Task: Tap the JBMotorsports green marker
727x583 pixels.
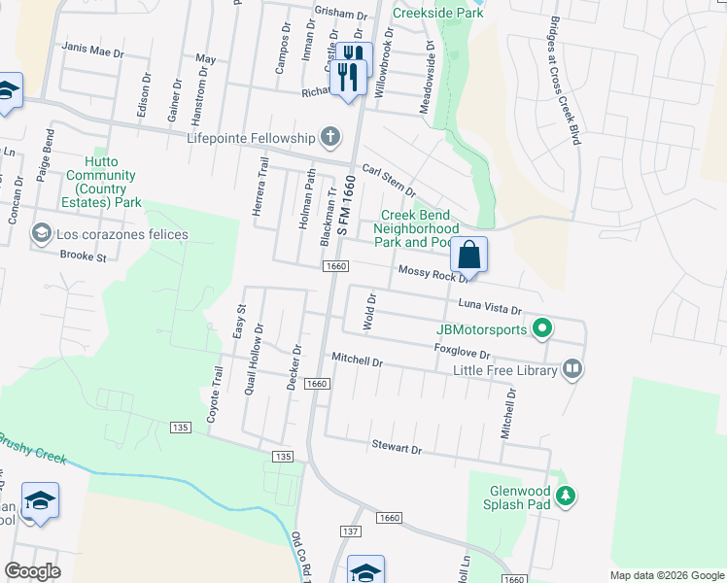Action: point(542,329)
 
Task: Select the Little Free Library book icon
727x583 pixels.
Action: point(572,368)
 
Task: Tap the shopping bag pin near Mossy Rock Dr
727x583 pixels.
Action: point(468,256)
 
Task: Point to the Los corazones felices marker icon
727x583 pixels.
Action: point(41,234)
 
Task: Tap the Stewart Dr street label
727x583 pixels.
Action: point(397,449)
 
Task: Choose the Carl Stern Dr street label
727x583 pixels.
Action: point(389,179)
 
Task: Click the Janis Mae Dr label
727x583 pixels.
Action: point(93,48)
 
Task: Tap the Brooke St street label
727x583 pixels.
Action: point(83,257)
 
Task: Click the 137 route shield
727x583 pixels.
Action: point(350,531)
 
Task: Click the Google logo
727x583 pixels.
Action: point(32,571)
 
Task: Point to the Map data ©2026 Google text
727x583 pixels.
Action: point(666,575)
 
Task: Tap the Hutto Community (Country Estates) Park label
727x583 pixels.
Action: point(101,182)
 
